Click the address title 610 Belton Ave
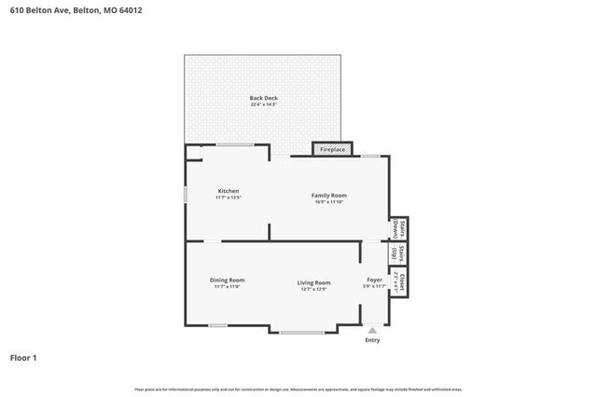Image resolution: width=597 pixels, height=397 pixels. click(64, 10)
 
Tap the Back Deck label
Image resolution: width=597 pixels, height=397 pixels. click(263, 98)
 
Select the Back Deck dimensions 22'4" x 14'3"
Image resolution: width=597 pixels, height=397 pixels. click(263, 104)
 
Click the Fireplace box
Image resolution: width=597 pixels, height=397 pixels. click(333, 149)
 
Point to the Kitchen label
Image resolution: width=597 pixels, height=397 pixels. click(229, 191)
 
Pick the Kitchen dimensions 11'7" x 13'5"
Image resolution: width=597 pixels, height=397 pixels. click(229, 198)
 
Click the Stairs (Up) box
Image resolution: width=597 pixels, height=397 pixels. click(396, 253)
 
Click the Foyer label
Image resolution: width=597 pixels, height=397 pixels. click(374, 280)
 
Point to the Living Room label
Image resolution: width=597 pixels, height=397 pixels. click(314, 282)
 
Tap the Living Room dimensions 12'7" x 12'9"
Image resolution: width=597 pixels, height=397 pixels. click(314, 289)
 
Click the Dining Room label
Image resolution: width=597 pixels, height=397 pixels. click(227, 280)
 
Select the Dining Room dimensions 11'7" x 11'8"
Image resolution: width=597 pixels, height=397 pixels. click(227, 286)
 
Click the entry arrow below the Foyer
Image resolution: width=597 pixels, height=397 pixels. click(373, 329)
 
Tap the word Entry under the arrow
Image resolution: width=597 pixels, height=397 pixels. click(373, 339)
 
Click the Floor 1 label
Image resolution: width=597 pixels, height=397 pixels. click(23, 357)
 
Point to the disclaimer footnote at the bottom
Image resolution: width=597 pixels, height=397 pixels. click(298, 389)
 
